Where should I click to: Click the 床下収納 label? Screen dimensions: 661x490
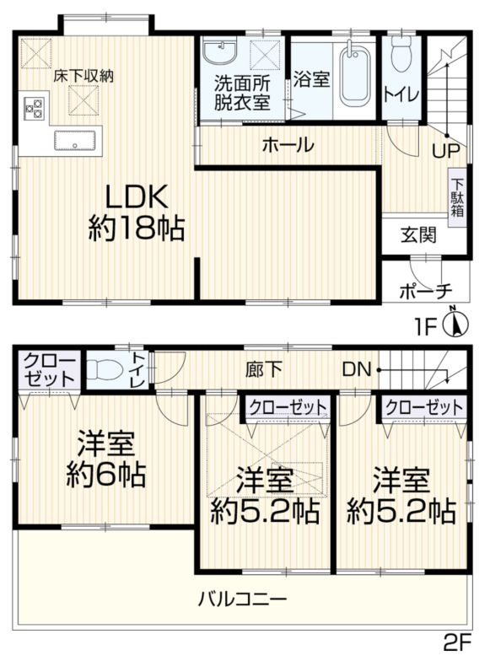click(84, 75)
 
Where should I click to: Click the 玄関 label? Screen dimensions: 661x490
click(418, 235)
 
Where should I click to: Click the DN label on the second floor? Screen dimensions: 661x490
click(355, 369)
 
